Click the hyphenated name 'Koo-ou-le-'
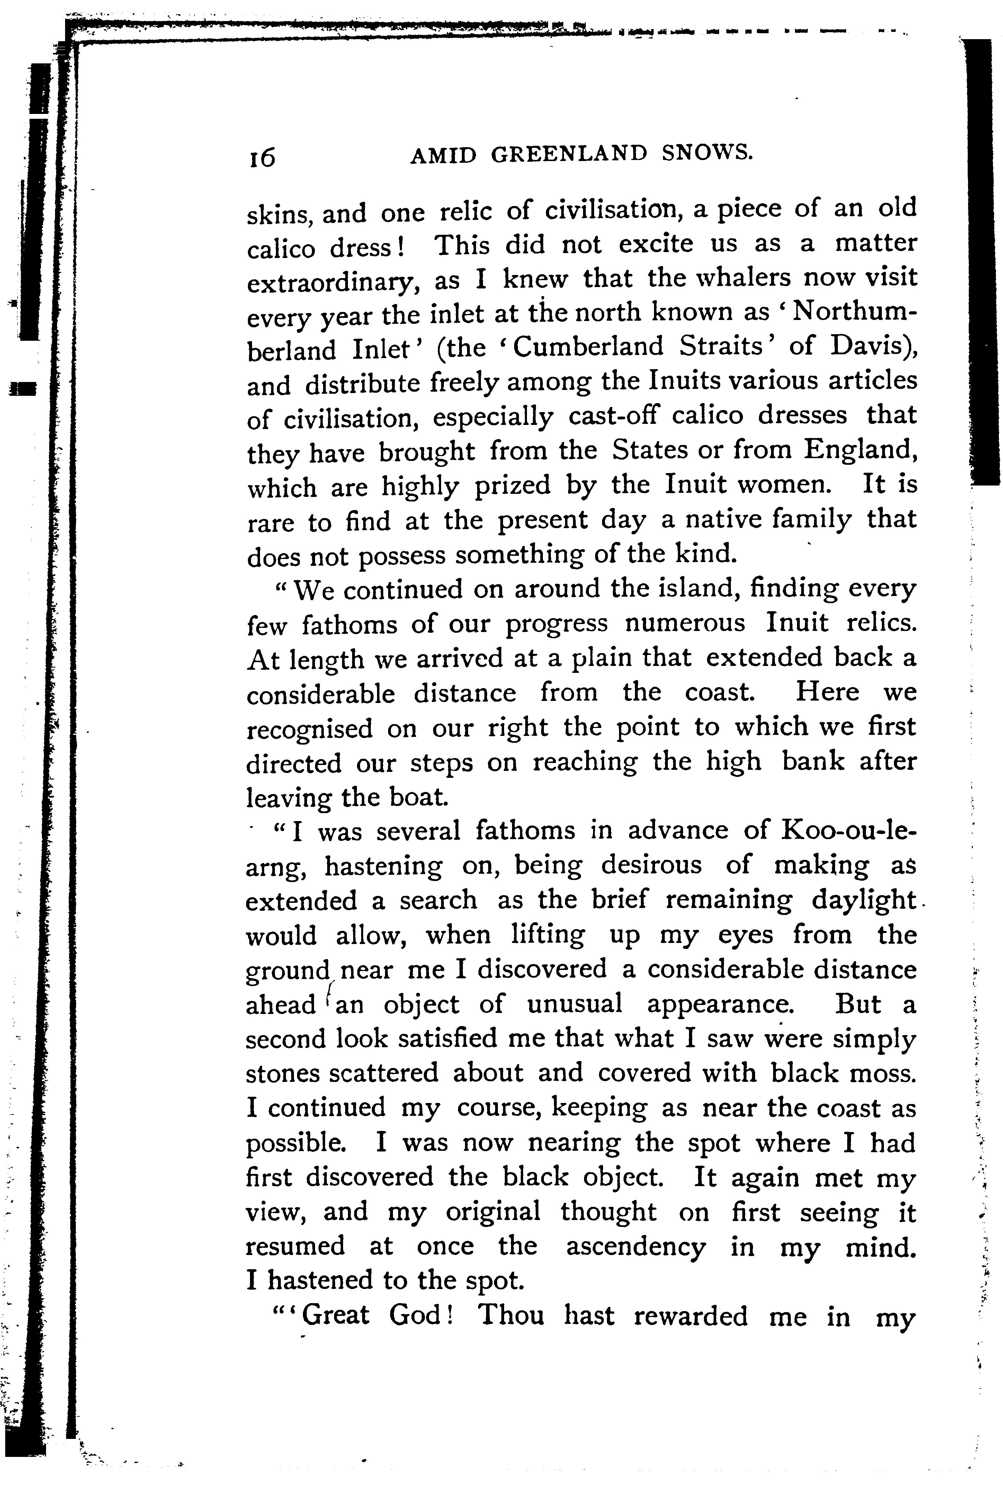[849, 831]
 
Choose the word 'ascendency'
[635, 1247]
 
